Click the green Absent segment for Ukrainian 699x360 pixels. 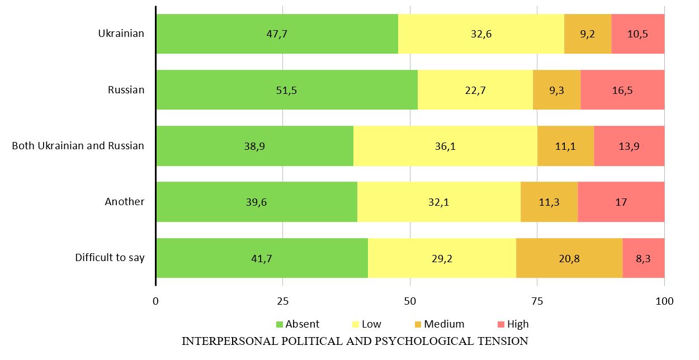coord(277,34)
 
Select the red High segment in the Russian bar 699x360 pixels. coord(622,89)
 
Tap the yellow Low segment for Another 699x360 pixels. coord(439,202)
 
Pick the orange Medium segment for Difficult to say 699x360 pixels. coord(569,258)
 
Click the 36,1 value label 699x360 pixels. coord(445,146)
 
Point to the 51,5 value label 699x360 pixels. coord(286,90)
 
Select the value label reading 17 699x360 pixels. coord(621,202)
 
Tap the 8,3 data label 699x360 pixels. coord(643,258)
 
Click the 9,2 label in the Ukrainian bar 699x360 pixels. coord(587,34)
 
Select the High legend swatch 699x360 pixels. coord(501,324)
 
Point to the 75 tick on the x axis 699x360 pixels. coord(537,301)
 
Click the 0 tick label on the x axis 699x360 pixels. coord(155,301)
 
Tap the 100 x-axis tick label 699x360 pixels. coord(664,301)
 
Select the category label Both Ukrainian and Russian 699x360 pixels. coord(78,146)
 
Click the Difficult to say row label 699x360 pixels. coord(110,258)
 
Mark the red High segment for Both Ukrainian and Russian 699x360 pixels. coord(629,146)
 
